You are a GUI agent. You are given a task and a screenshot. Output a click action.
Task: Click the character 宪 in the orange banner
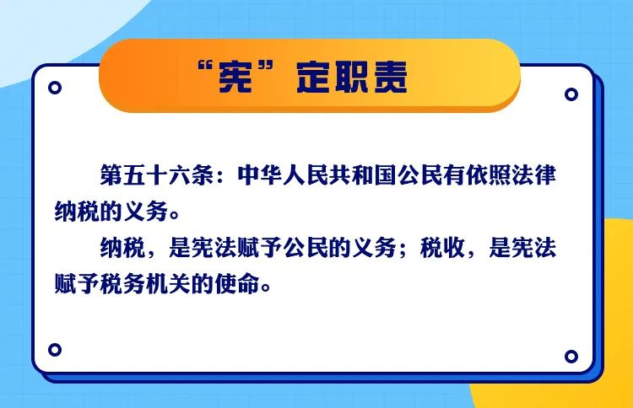click(235, 78)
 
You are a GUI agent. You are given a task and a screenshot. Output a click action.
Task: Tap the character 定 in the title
click(314, 78)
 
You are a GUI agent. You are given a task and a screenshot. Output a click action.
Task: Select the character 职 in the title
click(350, 78)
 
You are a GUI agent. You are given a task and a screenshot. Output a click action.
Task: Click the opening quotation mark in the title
click(205, 66)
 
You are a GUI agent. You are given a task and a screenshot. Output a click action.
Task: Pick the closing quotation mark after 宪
click(266, 66)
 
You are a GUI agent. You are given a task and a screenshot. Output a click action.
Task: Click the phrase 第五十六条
click(157, 175)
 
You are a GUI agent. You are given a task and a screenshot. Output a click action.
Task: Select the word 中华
click(260, 175)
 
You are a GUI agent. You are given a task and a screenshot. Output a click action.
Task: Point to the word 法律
click(533, 175)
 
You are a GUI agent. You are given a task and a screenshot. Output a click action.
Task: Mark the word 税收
click(442, 247)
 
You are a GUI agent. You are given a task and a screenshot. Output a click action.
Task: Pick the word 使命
click(237, 283)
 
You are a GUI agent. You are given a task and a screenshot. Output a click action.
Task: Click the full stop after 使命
click(266, 287)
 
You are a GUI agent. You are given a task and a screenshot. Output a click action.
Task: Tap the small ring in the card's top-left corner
click(55, 88)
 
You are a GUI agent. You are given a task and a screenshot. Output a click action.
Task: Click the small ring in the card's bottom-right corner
click(571, 357)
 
